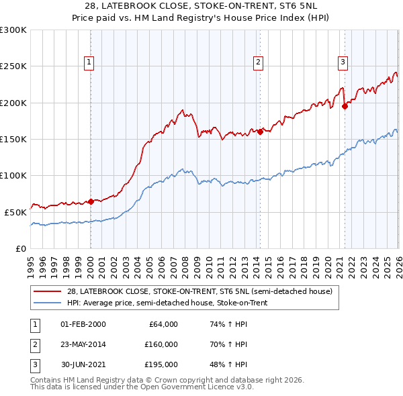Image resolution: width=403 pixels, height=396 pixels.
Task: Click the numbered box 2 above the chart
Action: click(258, 62)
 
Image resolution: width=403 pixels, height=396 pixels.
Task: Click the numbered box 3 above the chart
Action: click(343, 62)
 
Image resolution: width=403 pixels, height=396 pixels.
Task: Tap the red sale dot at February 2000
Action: click(91, 201)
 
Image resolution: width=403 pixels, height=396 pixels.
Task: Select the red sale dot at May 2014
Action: click(259, 132)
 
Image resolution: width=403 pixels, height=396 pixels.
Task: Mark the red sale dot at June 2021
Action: click(344, 106)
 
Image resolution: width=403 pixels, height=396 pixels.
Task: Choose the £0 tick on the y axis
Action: click(20, 248)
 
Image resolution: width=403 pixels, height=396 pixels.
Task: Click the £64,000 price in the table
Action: click(163, 324)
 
